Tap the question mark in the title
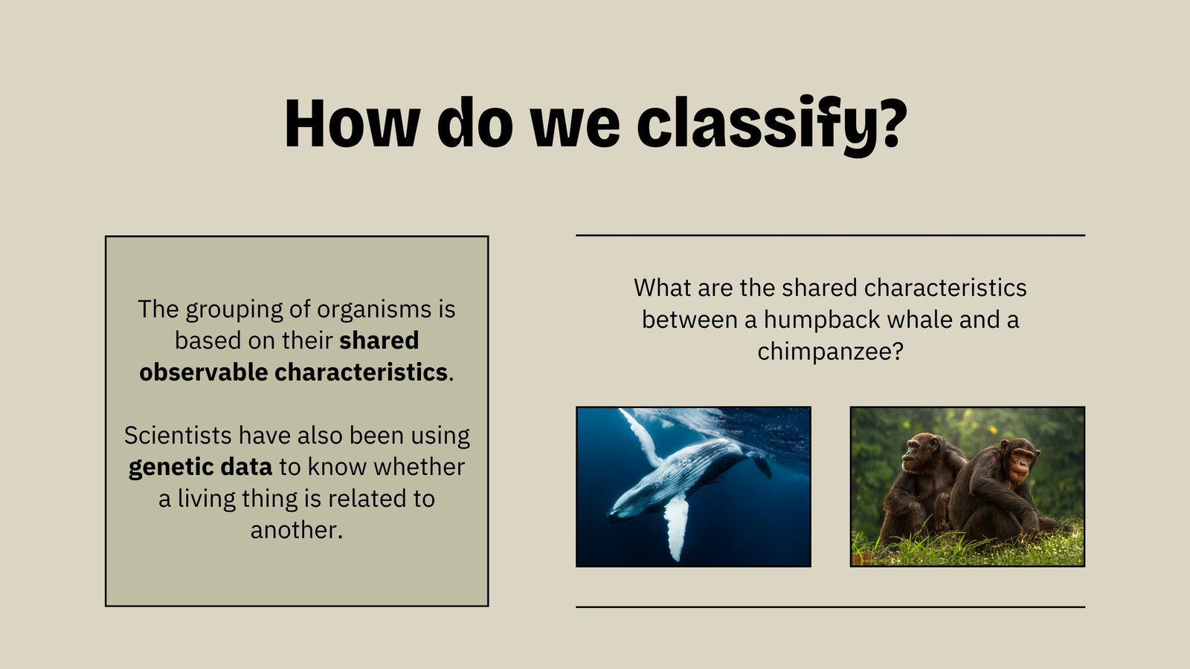point(890,122)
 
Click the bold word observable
point(204,372)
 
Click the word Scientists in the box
point(178,436)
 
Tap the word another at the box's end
point(297,530)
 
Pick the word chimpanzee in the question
point(830,352)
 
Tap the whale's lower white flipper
point(676,525)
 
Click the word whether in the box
point(419,468)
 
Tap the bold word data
point(246,468)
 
